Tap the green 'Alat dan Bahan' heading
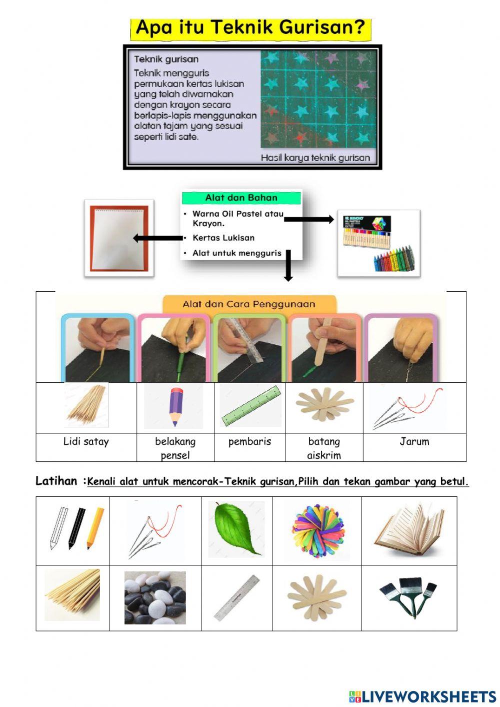point(241,198)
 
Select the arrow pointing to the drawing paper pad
point(157,238)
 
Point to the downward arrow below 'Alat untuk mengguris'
point(288,266)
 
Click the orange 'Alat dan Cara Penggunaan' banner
point(248,304)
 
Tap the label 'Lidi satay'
point(86,441)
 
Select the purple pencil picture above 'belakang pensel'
point(173,406)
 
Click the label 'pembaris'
point(249,441)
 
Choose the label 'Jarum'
point(414,441)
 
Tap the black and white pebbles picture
point(155,598)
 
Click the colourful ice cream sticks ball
point(317,531)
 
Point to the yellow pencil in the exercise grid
point(95,528)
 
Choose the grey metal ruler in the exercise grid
point(237,597)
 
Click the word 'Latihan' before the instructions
point(56,481)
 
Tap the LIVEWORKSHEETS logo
point(422,696)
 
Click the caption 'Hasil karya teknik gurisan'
point(315,158)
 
